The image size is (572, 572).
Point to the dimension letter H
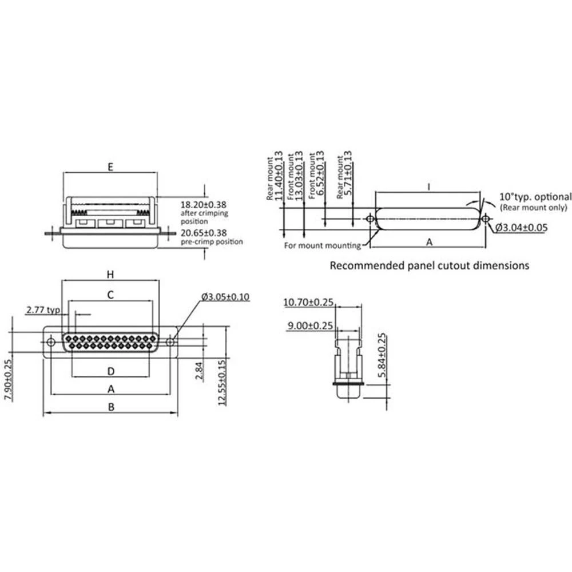(x=111, y=275)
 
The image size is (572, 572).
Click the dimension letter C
(x=111, y=295)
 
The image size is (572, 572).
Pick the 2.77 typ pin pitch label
(x=43, y=310)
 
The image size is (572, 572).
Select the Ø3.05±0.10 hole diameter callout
(x=225, y=297)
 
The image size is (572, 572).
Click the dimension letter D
(x=111, y=371)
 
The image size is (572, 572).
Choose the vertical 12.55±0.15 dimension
(x=221, y=382)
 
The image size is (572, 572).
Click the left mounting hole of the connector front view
(x=51, y=342)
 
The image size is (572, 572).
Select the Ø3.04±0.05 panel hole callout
(x=521, y=228)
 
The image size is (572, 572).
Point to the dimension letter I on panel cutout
(x=428, y=186)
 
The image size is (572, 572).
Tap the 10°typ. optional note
(x=535, y=197)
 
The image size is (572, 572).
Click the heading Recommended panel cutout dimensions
(x=430, y=265)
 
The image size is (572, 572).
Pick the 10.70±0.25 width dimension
(x=308, y=303)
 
